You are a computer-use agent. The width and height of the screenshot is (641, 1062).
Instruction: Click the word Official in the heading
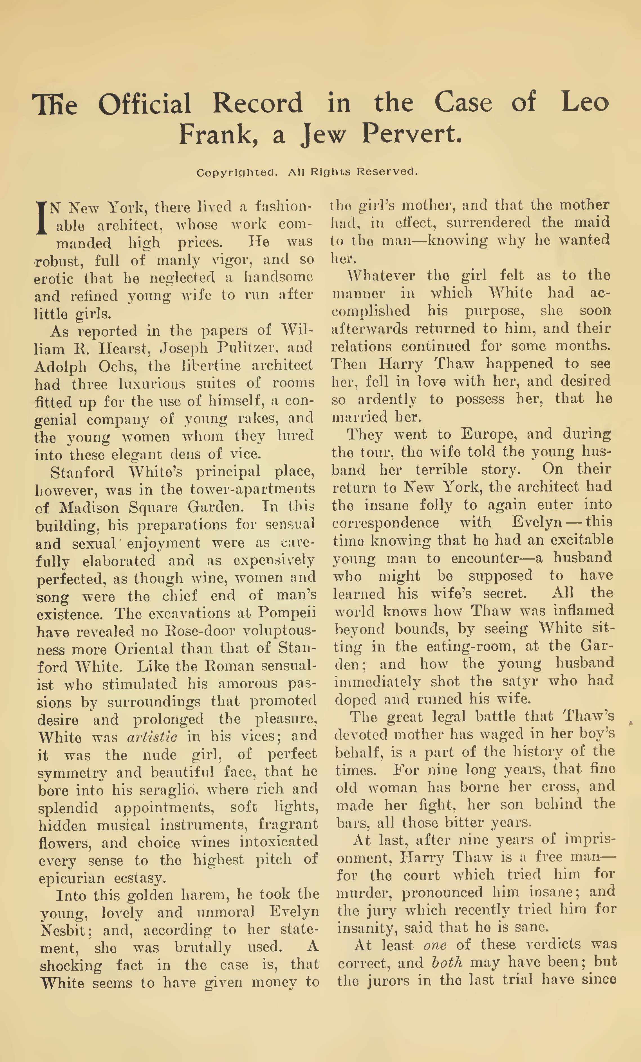click(145, 104)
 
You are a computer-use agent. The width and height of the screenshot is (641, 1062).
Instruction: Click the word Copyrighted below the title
click(236, 172)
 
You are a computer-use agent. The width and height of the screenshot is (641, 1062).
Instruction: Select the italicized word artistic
click(152, 737)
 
